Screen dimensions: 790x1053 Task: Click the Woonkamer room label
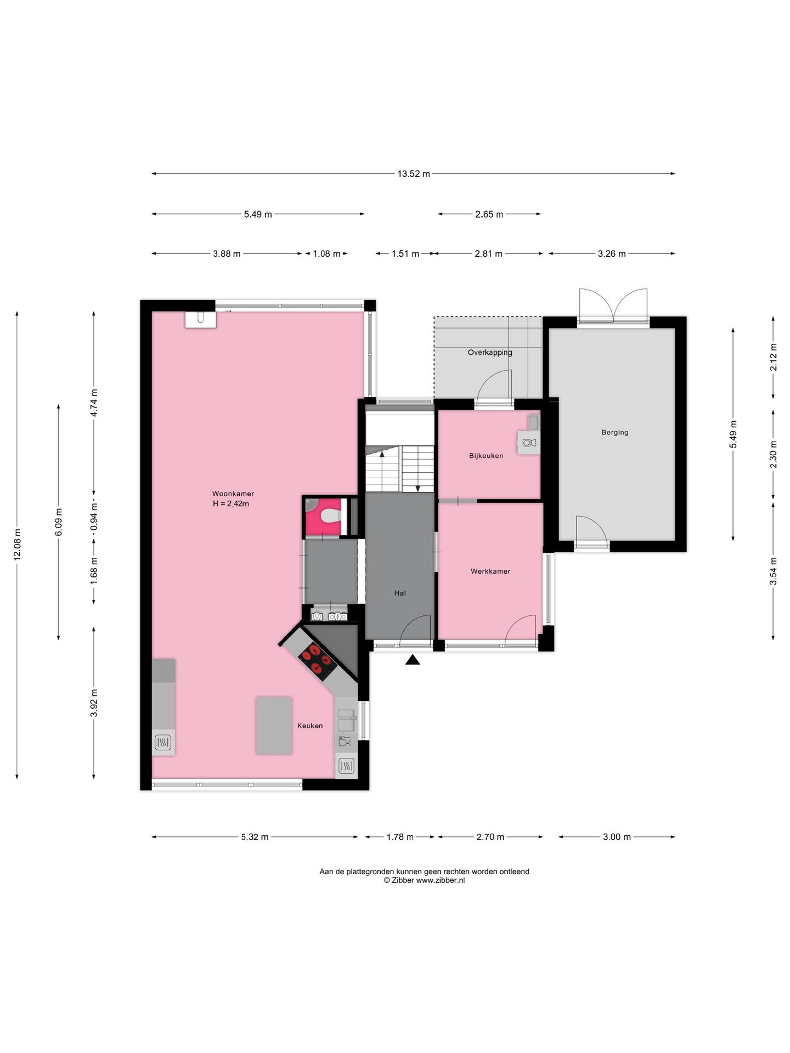tap(233, 494)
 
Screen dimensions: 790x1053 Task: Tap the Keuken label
tap(310, 726)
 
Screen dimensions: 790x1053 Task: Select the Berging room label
tap(614, 432)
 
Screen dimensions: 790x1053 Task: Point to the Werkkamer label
tap(490, 571)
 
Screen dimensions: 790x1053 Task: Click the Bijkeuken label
tap(486, 456)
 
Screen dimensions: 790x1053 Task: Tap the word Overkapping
tap(490, 353)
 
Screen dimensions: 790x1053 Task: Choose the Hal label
tap(400, 593)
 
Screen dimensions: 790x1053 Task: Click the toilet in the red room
tap(331, 516)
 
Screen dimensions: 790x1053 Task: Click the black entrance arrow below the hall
tap(413, 660)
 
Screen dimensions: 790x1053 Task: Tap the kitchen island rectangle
tap(274, 725)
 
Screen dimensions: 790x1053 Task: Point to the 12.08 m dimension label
tap(17, 545)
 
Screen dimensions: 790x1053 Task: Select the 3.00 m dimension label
tap(617, 837)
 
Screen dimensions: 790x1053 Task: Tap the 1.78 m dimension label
tap(400, 837)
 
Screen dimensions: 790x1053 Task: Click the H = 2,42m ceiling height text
tap(231, 503)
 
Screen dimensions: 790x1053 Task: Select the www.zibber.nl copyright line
tap(425, 880)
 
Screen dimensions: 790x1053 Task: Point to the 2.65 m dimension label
tap(489, 214)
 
